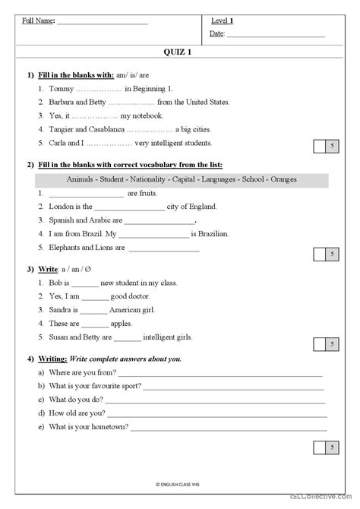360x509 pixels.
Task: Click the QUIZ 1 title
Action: pos(179,52)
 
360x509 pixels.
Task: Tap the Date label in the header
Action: pos(216,33)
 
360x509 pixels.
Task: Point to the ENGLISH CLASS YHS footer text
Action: pos(179,484)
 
